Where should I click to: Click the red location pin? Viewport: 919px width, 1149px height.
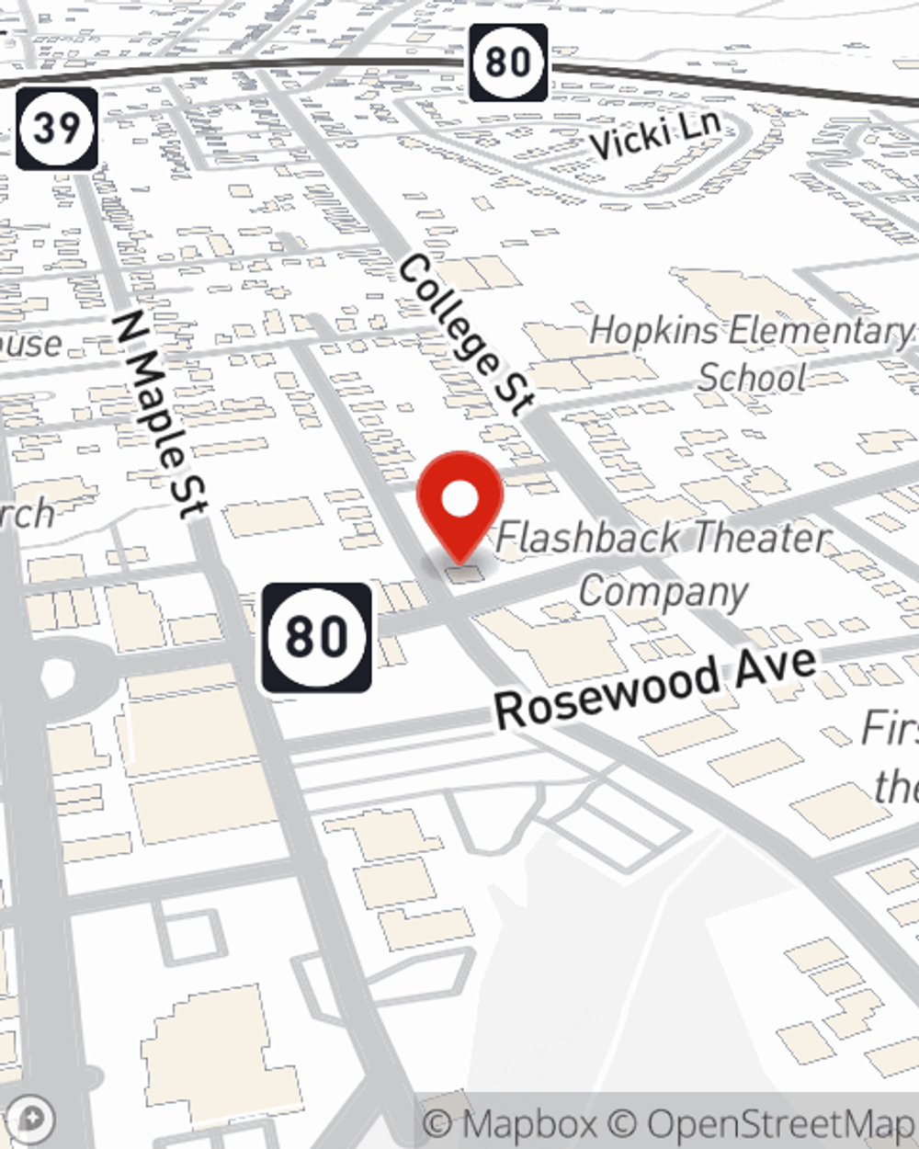[459, 506]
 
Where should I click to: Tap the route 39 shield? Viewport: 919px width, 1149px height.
[57, 128]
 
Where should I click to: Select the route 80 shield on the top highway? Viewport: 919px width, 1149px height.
[508, 63]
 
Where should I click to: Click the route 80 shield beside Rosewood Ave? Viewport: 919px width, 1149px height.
[317, 636]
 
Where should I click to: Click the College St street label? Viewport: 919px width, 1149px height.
[466, 334]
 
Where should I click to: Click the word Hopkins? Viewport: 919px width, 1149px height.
[652, 330]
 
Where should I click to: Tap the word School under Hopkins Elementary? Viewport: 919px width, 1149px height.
[752, 377]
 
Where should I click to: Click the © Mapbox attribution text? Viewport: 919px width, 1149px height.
[510, 1123]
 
